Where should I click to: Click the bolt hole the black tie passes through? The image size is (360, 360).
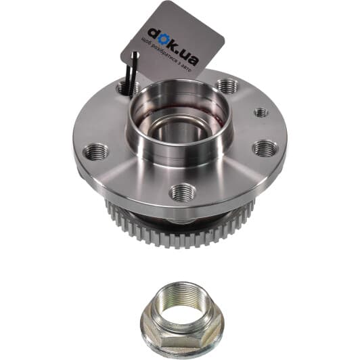129,88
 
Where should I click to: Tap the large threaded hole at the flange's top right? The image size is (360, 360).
227,87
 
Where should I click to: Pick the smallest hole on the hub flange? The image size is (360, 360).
261,112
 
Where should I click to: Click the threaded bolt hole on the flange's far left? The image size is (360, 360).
95,152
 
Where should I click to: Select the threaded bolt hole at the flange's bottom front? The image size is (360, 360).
183,192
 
